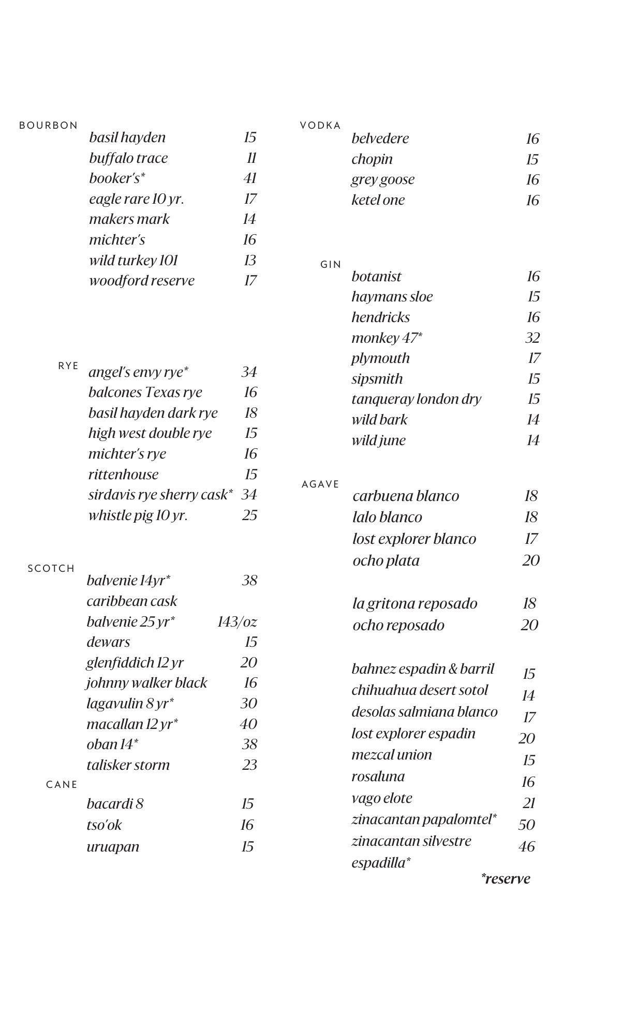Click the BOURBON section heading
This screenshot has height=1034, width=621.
(48, 126)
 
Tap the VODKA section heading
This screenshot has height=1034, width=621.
(320, 126)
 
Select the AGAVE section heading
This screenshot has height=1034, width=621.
(320, 484)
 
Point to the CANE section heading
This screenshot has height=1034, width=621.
(62, 785)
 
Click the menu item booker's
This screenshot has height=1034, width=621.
(117, 178)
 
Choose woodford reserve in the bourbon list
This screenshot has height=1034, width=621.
(142, 281)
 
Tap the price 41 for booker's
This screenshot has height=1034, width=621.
(250, 178)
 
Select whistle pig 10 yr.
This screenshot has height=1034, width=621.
(138, 515)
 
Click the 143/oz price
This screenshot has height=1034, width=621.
(237, 621)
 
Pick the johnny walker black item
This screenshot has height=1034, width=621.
(146, 683)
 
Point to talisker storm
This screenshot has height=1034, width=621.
(128, 765)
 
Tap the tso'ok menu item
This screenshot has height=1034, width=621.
(104, 825)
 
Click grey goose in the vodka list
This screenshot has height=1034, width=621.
(383, 179)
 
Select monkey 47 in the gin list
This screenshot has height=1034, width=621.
(387, 338)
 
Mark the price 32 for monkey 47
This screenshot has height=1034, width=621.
(533, 338)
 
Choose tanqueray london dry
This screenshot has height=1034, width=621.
(416, 399)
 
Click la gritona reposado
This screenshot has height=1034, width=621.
(415, 604)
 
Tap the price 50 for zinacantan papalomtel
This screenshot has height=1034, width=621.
(526, 825)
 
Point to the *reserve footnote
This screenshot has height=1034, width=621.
(506, 879)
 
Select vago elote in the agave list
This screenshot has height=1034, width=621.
(382, 798)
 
